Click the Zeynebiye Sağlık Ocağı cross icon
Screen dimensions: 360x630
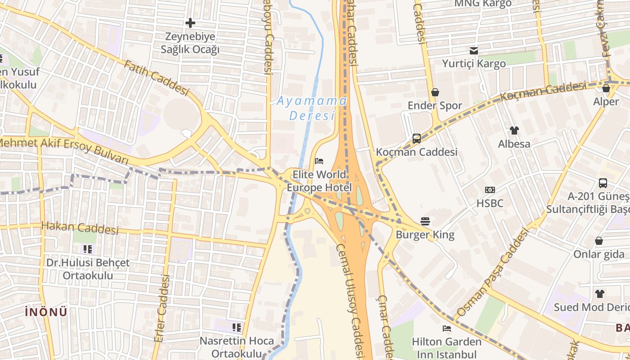click(x=190, y=22)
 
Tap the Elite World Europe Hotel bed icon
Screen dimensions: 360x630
click(x=319, y=161)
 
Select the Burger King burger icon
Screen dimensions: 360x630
click(x=425, y=221)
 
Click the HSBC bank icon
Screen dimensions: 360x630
click(x=490, y=190)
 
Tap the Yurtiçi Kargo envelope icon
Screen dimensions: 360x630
click(x=474, y=50)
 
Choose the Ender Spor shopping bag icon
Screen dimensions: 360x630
click(x=435, y=92)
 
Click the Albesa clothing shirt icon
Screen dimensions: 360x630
click(x=514, y=130)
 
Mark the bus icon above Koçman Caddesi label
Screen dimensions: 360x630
click(x=417, y=139)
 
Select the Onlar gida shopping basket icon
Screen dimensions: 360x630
click(x=599, y=241)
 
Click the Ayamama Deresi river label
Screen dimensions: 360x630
click(x=312, y=108)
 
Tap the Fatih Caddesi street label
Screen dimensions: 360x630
click(x=156, y=78)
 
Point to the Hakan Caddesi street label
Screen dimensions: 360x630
click(x=80, y=228)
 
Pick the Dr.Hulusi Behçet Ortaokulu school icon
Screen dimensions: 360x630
click(x=88, y=249)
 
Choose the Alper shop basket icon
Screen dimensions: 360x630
click(x=606, y=88)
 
